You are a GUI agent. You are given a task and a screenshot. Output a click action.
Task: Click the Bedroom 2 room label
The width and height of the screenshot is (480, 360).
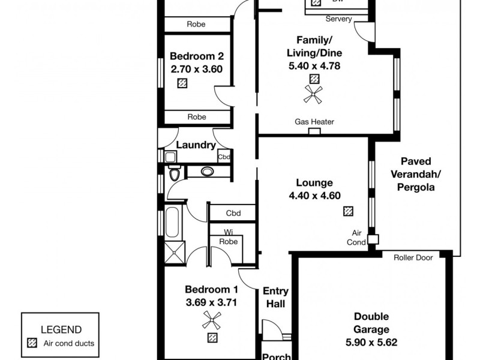[197, 56]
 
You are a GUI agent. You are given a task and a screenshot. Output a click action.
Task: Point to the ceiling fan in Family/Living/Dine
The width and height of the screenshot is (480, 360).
[313, 93]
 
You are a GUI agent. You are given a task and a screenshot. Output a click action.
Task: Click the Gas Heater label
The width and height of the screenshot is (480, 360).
[314, 122]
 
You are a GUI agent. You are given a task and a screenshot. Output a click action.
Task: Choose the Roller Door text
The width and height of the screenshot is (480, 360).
[413, 258]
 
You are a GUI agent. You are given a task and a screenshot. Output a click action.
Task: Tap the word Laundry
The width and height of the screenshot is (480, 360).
[196, 145]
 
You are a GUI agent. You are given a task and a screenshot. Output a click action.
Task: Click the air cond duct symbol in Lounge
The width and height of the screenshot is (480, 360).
[348, 211]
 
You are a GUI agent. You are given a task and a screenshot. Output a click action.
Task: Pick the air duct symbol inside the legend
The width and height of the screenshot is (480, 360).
[33, 344]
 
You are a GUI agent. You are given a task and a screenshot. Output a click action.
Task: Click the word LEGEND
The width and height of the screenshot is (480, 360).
[61, 329]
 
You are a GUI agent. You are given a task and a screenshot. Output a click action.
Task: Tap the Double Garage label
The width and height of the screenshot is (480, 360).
[371, 323]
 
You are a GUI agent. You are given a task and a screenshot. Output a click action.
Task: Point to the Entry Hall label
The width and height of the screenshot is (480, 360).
[276, 298]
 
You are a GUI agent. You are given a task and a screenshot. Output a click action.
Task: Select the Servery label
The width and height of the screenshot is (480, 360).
[338, 19]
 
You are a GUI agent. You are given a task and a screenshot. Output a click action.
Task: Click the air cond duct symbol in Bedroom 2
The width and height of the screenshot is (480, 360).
[182, 83]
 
